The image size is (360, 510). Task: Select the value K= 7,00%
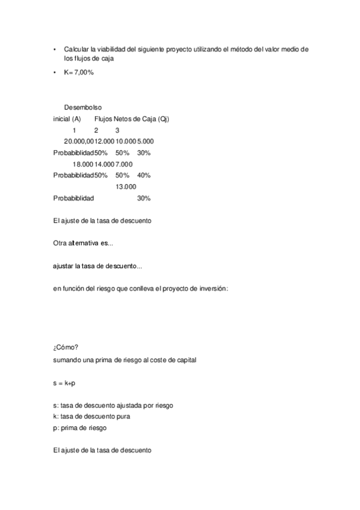coord(78,72)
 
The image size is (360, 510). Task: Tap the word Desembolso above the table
coord(83,107)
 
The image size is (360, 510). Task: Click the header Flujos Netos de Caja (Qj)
coord(132,118)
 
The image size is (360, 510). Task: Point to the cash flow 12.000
coord(105,141)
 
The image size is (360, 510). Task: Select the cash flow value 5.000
coord(145,141)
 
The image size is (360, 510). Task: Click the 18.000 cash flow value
coord(83,164)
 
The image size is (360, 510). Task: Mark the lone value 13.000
coord(126,186)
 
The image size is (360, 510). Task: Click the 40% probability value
coord(144,175)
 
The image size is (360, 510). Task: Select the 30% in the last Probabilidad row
coord(144,198)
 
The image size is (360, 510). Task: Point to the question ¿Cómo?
coord(66,348)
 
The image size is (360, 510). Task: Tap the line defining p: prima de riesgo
coord(83,427)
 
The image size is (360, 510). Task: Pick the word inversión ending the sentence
coord(212,289)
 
